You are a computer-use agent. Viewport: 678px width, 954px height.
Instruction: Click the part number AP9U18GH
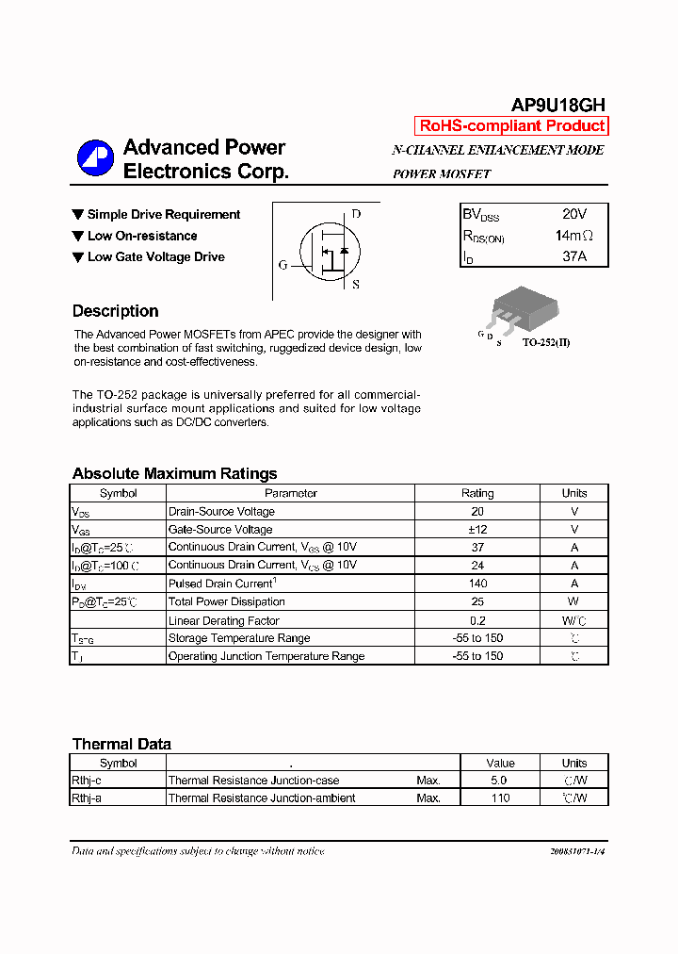[558, 105]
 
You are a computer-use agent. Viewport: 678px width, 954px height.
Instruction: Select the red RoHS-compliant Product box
[511, 126]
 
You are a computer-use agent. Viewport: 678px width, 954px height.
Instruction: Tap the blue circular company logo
[95, 158]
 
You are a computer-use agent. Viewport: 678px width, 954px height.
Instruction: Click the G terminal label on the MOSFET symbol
[282, 265]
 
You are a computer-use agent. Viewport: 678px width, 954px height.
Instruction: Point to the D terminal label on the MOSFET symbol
[356, 214]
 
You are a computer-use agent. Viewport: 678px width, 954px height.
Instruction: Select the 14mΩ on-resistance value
[573, 236]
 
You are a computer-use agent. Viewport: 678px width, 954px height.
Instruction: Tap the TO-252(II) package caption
[546, 342]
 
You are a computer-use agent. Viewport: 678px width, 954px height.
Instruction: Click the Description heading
[115, 311]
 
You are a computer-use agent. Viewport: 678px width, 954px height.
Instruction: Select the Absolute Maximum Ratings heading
[174, 473]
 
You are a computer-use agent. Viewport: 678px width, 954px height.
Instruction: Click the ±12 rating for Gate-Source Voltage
[476, 530]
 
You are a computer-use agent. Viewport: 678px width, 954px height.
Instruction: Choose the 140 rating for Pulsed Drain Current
[476, 584]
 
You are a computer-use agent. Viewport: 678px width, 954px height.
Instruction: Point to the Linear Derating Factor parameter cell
[223, 620]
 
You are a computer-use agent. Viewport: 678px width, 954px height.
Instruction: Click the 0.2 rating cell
[476, 620]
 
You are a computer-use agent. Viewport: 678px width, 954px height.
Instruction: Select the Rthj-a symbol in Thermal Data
[87, 798]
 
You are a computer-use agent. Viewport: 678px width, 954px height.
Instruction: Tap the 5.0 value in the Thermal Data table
[499, 781]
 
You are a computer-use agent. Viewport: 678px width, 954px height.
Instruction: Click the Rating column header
[476, 493]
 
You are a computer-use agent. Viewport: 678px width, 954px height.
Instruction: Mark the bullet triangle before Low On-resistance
[78, 236]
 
